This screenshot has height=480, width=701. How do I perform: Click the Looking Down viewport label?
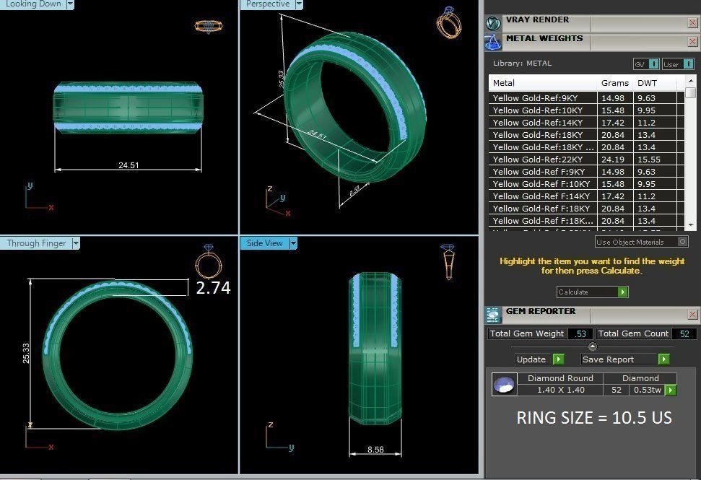(x=33, y=4)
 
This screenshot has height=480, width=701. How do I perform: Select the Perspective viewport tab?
(x=268, y=4)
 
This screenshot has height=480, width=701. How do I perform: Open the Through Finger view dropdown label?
(x=36, y=243)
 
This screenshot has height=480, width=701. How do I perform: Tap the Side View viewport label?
(x=264, y=243)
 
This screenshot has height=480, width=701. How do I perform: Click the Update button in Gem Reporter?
(x=531, y=359)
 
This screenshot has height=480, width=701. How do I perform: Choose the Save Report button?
(x=608, y=359)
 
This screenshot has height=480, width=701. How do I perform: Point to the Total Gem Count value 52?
(x=684, y=333)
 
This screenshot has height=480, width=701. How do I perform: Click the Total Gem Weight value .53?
(x=580, y=333)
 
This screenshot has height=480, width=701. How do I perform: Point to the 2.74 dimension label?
(x=213, y=288)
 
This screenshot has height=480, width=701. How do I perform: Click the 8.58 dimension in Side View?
(x=375, y=449)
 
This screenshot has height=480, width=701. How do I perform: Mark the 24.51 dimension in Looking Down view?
(x=129, y=165)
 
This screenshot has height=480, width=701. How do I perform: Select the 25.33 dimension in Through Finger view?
(x=26, y=352)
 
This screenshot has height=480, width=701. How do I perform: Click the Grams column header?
(x=614, y=83)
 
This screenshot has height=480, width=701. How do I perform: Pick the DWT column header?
(x=647, y=83)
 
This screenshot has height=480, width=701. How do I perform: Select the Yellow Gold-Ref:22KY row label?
(x=537, y=160)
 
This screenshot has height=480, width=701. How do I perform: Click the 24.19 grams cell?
(x=613, y=160)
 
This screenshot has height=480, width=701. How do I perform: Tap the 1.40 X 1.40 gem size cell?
(x=560, y=390)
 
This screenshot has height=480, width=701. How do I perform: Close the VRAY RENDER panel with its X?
(x=692, y=23)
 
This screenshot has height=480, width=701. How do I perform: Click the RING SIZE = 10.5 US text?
(x=593, y=418)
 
